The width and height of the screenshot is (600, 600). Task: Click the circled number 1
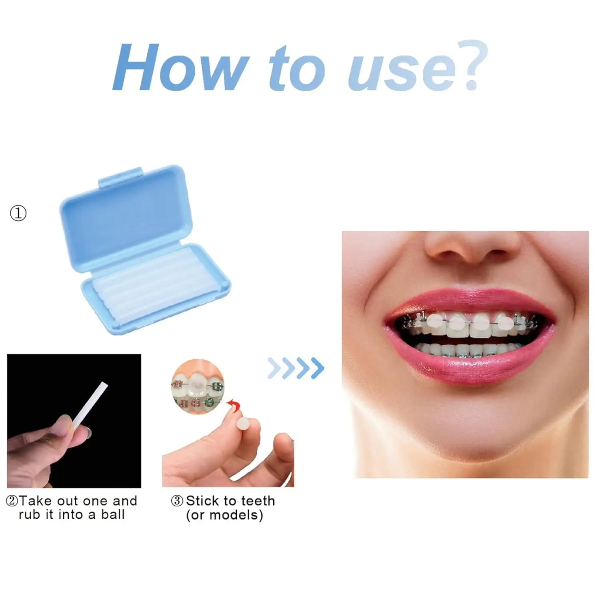coord(18,213)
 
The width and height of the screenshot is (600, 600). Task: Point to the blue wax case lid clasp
coord(120,177)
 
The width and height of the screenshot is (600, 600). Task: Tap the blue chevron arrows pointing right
coord(296,368)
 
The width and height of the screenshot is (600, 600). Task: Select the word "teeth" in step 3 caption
coord(258,501)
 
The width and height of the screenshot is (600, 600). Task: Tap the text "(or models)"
coord(224,515)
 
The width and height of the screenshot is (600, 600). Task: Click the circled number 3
coord(177,501)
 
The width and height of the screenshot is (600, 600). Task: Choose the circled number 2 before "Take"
coord(12,501)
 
